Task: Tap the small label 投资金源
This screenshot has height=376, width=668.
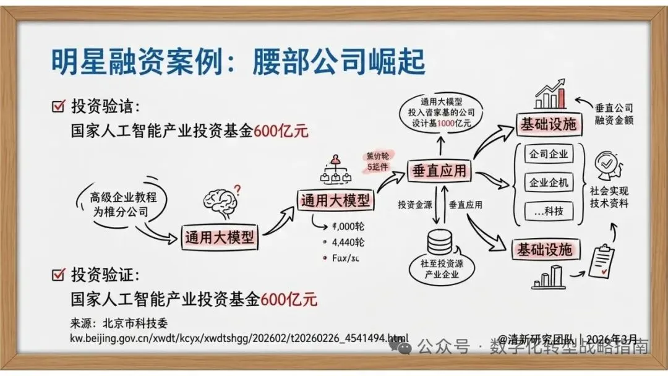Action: point(414,204)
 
